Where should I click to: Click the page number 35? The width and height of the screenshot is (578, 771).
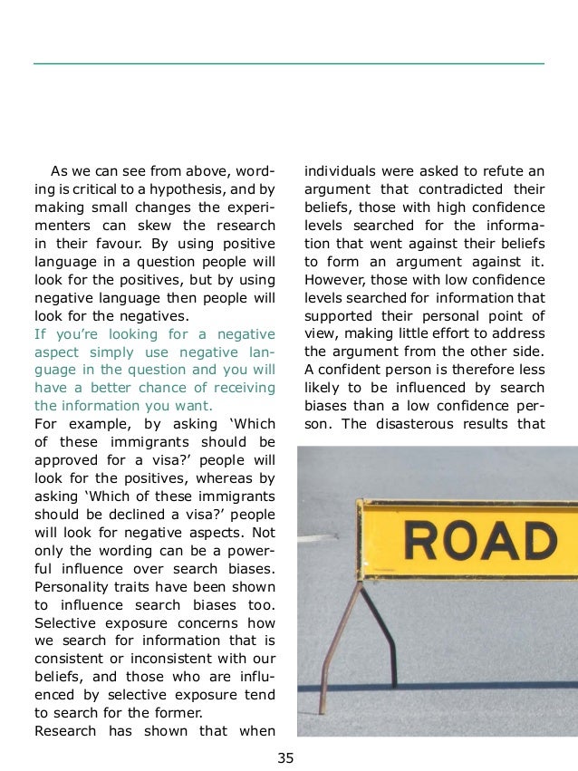(x=286, y=758)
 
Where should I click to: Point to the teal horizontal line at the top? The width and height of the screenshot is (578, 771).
(x=288, y=63)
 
